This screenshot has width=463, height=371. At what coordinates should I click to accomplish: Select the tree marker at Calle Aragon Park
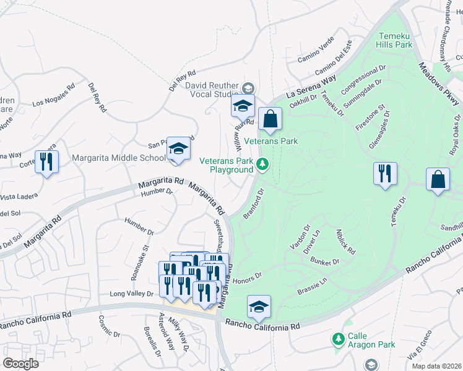coord(338,339)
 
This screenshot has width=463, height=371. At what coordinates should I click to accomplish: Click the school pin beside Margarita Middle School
coord(178,149)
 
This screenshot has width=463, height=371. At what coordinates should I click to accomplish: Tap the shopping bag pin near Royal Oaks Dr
coord(438,180)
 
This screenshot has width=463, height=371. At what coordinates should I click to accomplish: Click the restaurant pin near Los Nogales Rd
coord(46,162)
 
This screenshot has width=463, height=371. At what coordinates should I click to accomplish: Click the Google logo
coord(20,363)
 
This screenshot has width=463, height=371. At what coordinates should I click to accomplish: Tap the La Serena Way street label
coord(311,87)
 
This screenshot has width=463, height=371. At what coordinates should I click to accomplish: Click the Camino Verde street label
coord(316,49)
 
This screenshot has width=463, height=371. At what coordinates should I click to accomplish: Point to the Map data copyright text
coord(435,363)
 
